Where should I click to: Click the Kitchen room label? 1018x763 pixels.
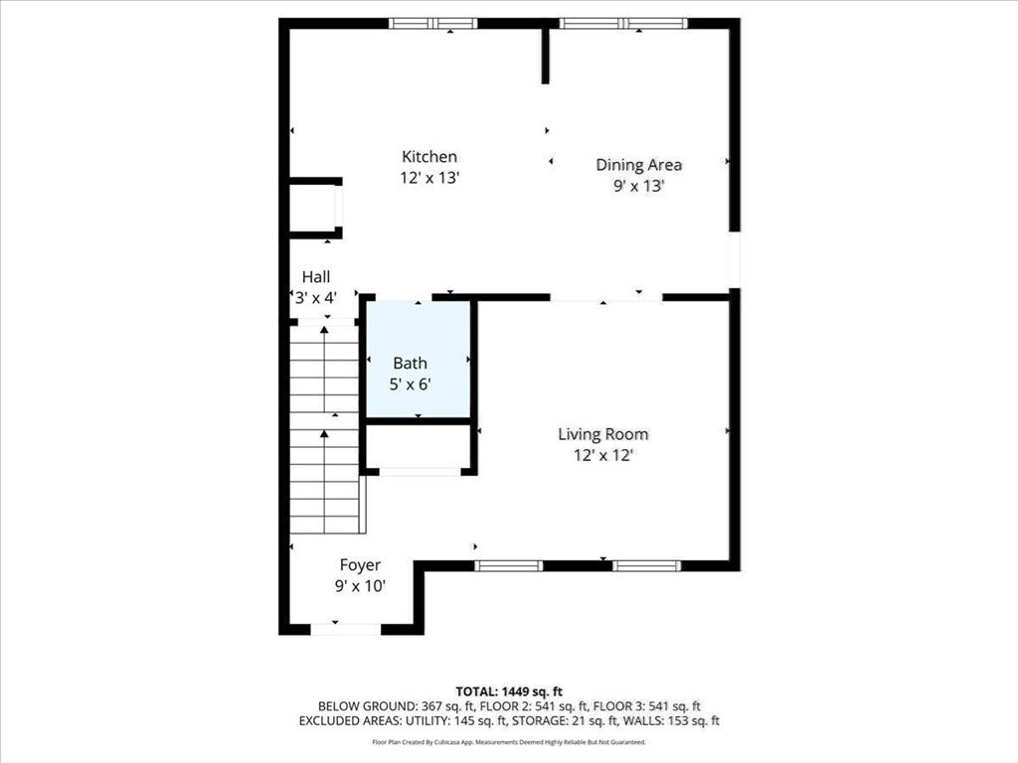[x=429, y=156]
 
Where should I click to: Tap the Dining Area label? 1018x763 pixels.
[x=639, y=165]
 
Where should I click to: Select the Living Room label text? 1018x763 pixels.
[x=603, y=434]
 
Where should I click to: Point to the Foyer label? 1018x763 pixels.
[x=360, y=565]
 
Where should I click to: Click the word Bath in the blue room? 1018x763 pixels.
[x=411, y=364]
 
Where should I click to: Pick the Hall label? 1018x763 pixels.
[x=316, y=277]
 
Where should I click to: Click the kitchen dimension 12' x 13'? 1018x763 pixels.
[x=429, y=178]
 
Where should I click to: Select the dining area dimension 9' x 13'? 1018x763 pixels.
[x=639, y=186]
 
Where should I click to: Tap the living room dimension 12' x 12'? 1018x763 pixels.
[x=603, y=455]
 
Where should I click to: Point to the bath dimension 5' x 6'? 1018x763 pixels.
[x=411, y=384]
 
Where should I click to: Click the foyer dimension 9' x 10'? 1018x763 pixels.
[x=360, y=586]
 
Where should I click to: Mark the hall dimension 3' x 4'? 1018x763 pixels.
[x=316, y=298]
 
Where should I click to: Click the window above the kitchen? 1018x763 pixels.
[x=433, y=24]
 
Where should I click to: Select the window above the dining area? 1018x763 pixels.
[x=623, y=24]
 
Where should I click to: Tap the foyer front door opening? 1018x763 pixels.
[x=345, y=629]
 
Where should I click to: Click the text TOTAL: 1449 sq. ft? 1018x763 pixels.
[x=509, y=691]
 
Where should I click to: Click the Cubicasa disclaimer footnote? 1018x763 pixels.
[x=509, y=742]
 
